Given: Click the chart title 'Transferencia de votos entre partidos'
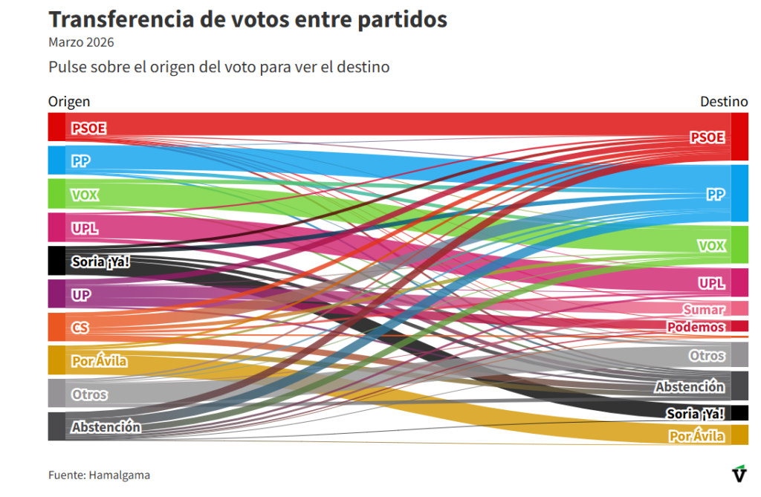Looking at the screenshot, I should click(x=247, y=19).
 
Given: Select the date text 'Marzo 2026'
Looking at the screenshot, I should click(x=81, y=42).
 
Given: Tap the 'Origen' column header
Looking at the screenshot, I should click(x=69, y=102).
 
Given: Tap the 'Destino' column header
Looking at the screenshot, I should click(x=724, y=102).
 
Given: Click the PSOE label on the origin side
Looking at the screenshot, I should click(x=88, y=129).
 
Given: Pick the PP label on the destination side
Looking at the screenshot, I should click(x=715, y=194).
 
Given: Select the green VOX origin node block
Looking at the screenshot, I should click(x=56, y=194).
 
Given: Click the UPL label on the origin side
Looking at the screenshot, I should click(x=85, y=228).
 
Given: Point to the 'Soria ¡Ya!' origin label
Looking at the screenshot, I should click(x=106, y=262).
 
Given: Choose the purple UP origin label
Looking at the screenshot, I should click(x=81, y=295).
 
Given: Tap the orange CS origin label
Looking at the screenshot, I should click(x=80, y=328).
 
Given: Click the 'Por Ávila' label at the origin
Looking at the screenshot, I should click(x=100, y=362).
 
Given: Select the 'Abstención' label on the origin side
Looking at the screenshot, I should click(x=106, y=427).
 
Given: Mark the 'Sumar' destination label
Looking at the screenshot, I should click(x=703, y=309).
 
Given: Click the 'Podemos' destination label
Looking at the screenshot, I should click(x=696, y=327).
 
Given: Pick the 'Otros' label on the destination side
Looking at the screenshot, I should click(x=706, y=356).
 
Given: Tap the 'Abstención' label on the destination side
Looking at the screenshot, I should click(x=689, y=386).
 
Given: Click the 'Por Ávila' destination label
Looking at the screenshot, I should click(x=696, y=436).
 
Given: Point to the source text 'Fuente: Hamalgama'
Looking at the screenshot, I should click(x=99, y=475).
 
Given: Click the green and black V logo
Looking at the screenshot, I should click(x=739, y=474).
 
